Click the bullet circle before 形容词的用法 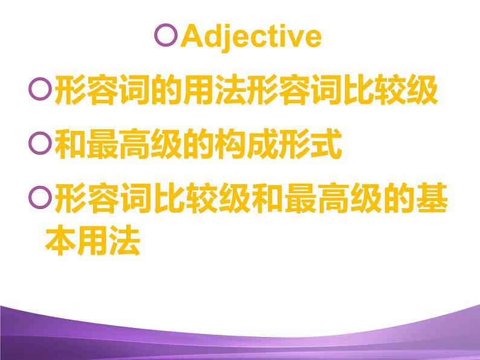(x=39, y=91)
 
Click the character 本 (x=60, y=242)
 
